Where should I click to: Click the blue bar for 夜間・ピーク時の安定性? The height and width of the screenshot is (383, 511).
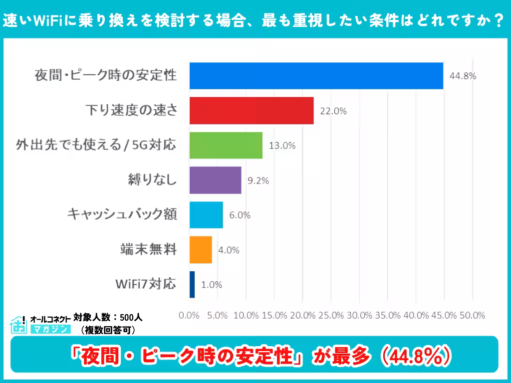316,76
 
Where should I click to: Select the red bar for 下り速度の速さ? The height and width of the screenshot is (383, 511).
252,111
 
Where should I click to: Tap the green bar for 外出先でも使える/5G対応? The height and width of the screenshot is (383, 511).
226,146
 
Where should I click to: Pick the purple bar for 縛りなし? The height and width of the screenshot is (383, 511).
215,180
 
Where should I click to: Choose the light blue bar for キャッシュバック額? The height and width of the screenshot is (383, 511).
206,215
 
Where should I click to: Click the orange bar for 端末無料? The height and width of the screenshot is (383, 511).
201,250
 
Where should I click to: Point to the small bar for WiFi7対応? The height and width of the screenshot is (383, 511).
192,285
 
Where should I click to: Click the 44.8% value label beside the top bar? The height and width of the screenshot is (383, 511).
463,76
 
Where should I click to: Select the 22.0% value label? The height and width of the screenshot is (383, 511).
333,111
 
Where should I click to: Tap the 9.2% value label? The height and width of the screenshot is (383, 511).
258,181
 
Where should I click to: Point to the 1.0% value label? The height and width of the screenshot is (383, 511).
212,285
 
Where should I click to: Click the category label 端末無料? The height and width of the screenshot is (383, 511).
148,249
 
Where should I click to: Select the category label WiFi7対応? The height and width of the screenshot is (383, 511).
145,284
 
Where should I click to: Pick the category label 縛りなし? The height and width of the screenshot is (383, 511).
152,180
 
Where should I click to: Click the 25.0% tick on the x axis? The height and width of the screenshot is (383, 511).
331,315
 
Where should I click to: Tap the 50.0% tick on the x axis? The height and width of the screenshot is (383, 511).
472,315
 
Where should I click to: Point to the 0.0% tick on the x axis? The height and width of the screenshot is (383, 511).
189,315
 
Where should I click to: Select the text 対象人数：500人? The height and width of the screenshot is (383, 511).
108,317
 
